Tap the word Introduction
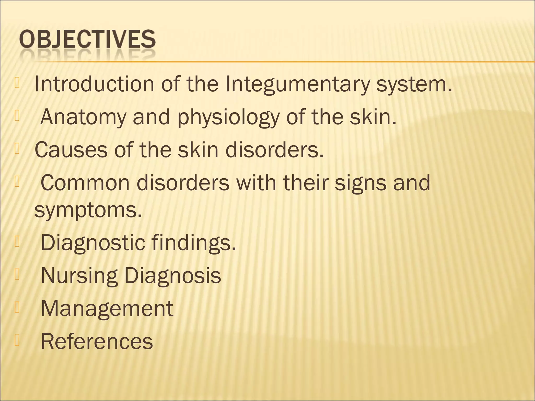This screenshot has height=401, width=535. tap(94, 84)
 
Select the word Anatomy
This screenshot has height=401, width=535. tap(83, 117)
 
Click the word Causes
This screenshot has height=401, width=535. tap(71, 150)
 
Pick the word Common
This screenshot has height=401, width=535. tap(85, 183)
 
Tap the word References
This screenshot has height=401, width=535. tap(97, 341)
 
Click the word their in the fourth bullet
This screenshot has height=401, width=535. tap(305, 183)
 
